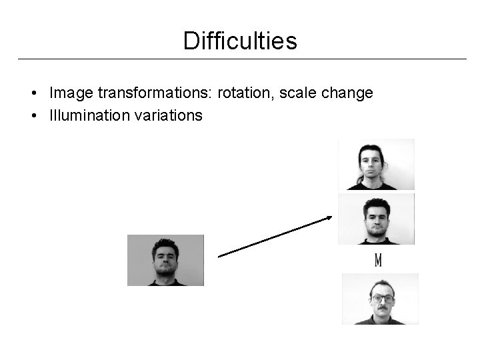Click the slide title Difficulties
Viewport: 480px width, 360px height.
coord(240,41)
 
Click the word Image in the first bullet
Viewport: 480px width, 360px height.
coord(69,93)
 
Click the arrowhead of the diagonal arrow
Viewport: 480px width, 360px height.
coord(329,217)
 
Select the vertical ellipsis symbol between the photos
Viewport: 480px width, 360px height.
coord(378,260)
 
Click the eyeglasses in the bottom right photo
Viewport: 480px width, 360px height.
coord(381,298)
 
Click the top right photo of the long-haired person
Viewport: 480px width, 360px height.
coord(376,164)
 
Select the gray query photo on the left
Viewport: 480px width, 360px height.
coord(165,260)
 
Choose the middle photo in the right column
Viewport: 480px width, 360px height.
coord(376,219)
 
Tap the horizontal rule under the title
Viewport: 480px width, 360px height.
coord(240,59)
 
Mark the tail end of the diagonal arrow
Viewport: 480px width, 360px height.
coord(221,255)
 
